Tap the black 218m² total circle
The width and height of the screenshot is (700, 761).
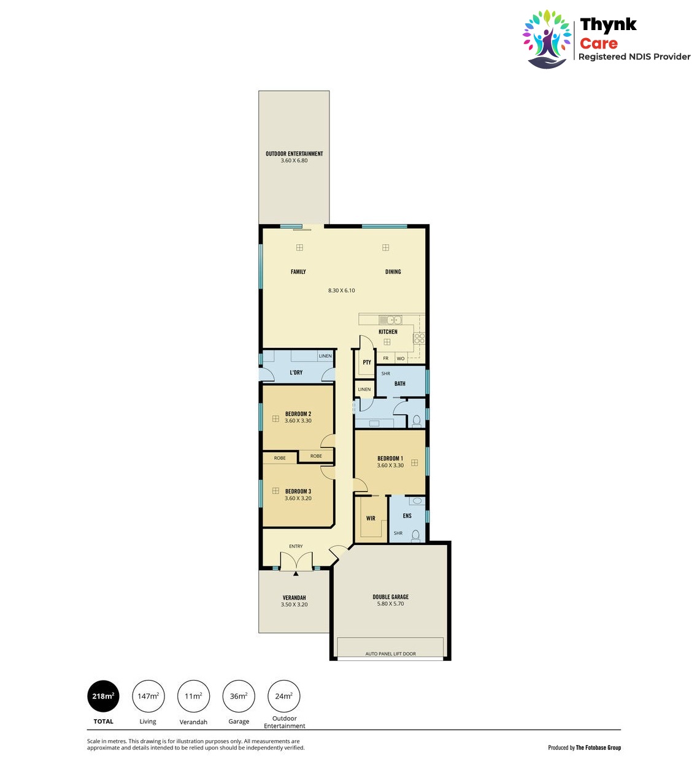tap(103, 697)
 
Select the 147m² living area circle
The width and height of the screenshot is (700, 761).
tap(148, 697)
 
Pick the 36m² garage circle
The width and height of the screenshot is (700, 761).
tap(239, 697)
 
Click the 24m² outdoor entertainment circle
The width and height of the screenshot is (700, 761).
tap(283, 697)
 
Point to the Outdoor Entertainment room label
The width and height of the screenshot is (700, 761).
tap(294, 153)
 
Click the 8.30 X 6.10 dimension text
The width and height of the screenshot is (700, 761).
tap(341, 290)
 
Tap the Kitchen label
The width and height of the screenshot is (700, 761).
tap(388, 331)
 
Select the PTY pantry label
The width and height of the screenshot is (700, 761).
tap(367, 362)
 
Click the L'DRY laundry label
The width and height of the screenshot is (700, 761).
tap(296, 373)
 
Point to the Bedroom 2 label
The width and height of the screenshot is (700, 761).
tap(298, 414)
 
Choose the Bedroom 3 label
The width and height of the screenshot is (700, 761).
tap(298, 491)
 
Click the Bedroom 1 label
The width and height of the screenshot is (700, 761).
tap(390, 458)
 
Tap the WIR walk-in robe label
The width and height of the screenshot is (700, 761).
tap(371, 518)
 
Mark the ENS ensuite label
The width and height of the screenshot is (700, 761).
tap(407, 516)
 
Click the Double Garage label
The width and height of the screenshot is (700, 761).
tap(391, 597)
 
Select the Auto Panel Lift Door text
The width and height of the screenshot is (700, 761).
tap(391, 654)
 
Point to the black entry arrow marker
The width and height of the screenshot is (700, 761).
tap(296, 574)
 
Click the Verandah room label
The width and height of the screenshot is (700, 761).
tap(294, 598)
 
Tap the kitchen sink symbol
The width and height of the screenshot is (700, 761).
tap(390, 320)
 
